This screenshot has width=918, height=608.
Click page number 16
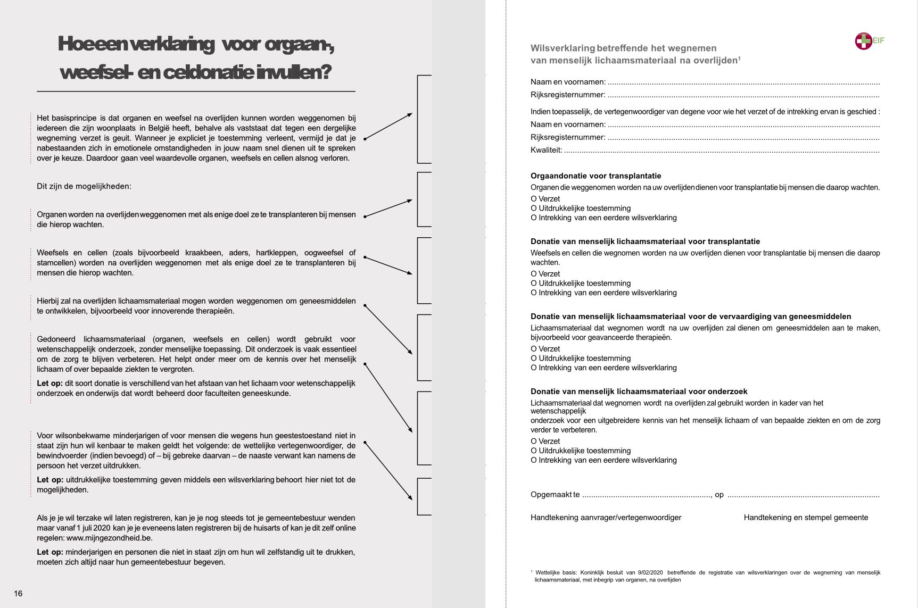pos(18,594)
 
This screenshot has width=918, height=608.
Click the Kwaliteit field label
pos(546,150)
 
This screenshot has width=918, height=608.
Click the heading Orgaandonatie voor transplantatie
pos(596,176)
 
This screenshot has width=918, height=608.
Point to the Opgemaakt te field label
pos(555,495)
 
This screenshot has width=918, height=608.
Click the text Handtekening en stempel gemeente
pos(806,518)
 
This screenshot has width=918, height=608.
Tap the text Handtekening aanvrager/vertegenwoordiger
pos(606,518)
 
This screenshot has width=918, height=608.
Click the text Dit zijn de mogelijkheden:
pos(84,186)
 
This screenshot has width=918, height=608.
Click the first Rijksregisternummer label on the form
pos(568,95)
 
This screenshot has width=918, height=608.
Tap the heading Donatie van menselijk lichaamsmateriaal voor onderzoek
pos(639,392)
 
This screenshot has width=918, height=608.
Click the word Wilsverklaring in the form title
pos(563,48)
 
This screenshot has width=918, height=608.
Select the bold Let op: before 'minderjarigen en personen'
pos(49,552)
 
